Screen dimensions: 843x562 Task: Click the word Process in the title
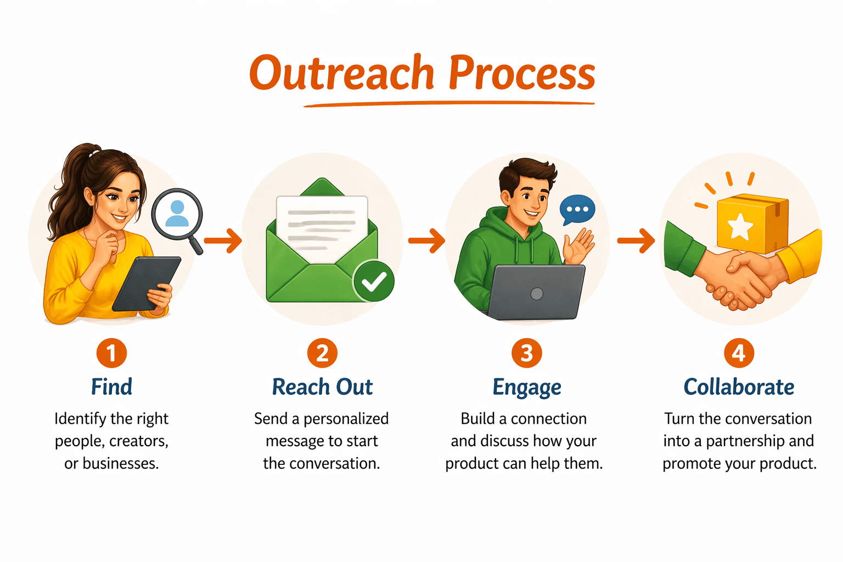tap(522, 74)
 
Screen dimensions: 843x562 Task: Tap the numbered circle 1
tap(111, 353)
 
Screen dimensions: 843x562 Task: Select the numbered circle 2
tap(322, 353)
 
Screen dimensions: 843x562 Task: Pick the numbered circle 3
tap(526, 353)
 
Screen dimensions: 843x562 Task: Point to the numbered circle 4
tap(739, 353)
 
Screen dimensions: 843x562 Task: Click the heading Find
tap(111, 387)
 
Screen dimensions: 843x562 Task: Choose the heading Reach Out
tap(322, 387)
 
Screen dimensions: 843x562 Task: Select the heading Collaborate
tap(739, 387)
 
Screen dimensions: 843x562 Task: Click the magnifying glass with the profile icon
tap(177, 215)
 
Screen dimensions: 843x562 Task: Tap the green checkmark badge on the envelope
tap(374, 281)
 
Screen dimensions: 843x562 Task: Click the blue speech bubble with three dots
tap(577, 209)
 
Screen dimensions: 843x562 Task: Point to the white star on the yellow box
tap(739, 226)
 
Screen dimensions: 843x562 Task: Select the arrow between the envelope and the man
tap(426, 240)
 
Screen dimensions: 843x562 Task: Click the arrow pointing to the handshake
tap(636, 240)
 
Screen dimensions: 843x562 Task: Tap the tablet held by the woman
tap(147, 283)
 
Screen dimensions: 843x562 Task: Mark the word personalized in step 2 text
tap(346, 419)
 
